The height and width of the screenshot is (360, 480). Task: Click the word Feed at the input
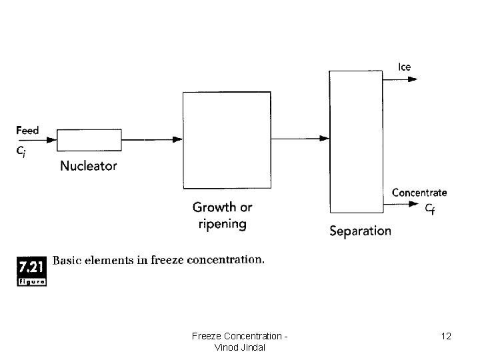[x=28, y=130]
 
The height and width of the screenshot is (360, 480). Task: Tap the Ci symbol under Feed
[x=22, y=151]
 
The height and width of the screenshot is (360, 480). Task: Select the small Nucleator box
[x=89, y=140]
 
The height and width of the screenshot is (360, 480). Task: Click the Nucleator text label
[x=89, y=166]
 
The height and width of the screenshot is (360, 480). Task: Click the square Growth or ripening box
[x=227, y=140]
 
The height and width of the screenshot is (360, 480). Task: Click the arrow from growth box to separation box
[x=300, y=139]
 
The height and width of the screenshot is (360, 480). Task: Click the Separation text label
[x=361, y=231]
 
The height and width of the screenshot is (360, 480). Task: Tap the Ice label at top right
[x=405, y=67]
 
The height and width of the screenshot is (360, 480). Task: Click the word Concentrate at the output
[x=419, y=193]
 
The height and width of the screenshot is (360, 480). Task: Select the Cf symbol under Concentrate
[x=431, y=207]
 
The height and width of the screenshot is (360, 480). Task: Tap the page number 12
[x=446, y=336]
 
